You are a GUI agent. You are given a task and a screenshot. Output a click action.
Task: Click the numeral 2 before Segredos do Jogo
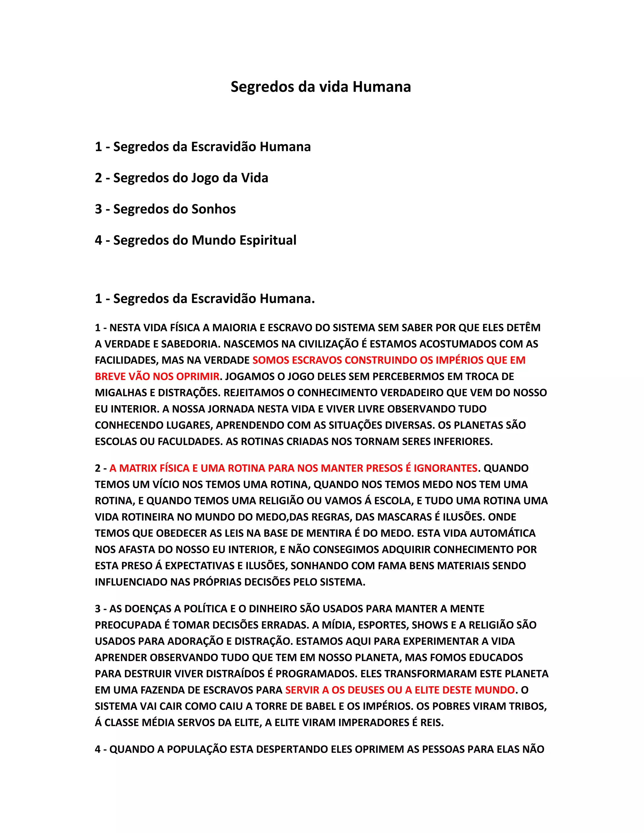tap(98, 178)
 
